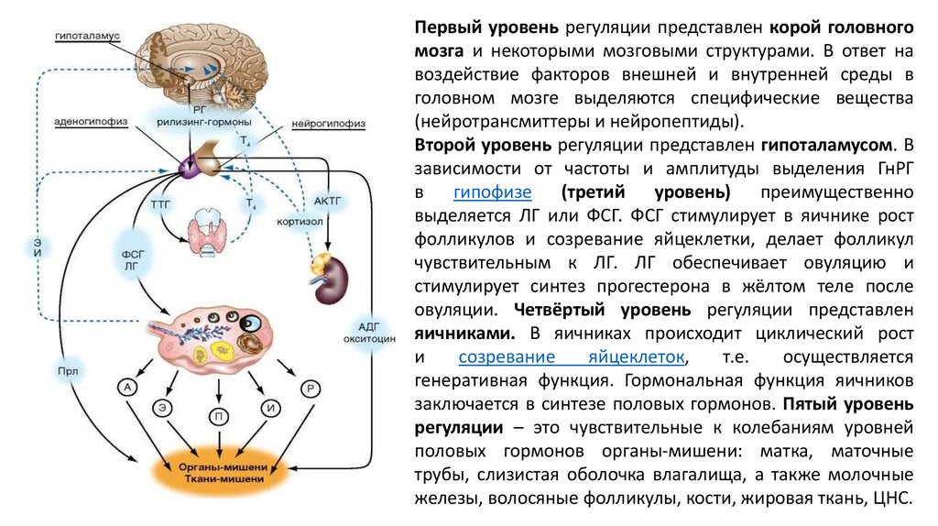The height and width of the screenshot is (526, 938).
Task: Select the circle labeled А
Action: coord(128,388)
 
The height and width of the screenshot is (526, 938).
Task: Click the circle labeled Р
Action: coord(312,389)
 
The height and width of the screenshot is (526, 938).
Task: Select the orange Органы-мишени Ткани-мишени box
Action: coord(223,471)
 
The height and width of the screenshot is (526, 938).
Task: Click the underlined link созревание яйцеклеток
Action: coord(572,356)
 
